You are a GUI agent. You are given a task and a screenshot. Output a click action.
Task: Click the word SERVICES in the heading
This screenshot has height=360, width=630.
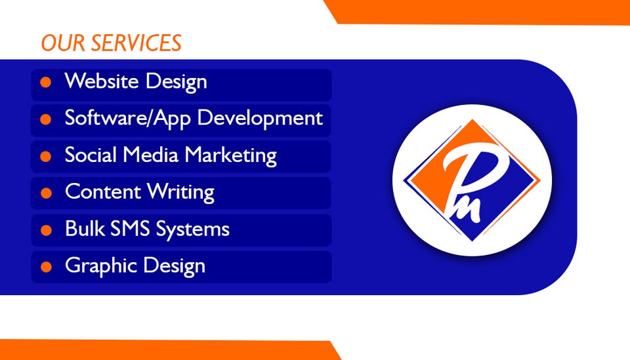click(136, 43)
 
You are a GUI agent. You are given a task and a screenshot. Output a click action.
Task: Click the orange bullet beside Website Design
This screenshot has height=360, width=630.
click(46, 82)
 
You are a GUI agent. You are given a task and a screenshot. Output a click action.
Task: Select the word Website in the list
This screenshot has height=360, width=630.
click(102, 81)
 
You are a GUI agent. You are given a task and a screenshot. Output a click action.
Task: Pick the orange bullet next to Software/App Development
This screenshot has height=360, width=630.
click(46, 119)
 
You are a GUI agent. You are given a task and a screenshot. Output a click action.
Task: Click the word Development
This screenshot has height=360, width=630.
click(260, 119)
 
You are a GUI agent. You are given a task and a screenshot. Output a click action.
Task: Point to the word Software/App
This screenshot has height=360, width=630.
click(128, 119)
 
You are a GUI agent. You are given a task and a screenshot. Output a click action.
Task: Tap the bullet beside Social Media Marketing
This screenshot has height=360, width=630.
click(46, 157)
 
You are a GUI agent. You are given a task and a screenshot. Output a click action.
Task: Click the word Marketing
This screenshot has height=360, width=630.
click(230, 155)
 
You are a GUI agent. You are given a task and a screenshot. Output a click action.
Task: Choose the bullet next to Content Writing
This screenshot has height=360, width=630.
click(46, 193)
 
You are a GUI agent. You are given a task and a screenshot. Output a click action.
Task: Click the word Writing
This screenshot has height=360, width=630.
click(180, 192)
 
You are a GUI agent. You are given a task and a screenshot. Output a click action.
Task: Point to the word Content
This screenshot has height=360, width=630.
click(102, 191)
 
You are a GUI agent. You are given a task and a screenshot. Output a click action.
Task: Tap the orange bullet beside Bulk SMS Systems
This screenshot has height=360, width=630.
click(46, 230)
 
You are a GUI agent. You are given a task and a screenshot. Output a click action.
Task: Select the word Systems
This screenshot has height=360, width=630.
click(192, 230)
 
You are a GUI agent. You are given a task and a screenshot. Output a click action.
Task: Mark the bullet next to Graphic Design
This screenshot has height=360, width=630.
click(46, 267)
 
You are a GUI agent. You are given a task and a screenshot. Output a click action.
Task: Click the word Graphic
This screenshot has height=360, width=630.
click(101, 266)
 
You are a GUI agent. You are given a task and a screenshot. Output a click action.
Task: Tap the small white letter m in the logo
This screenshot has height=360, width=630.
click(468, 210)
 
